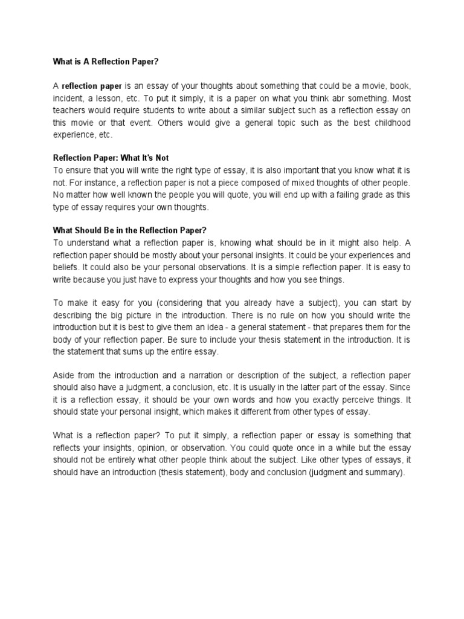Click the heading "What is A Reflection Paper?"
(x=106, y=62)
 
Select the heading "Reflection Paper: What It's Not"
(x=111, y=158)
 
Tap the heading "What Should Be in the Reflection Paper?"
(x=130, y=230)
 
